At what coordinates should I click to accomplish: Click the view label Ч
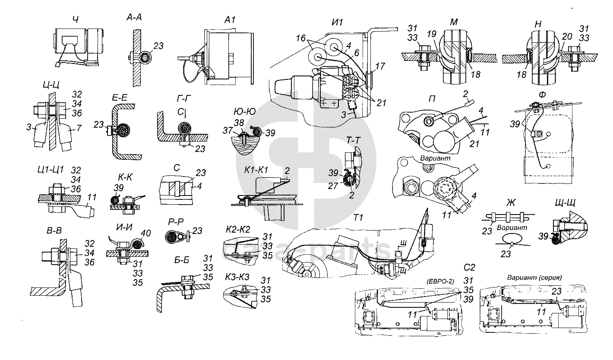coord(76,20)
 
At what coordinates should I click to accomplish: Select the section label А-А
coord(134,18)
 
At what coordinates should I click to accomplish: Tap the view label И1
coord(337,22)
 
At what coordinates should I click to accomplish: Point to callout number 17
coord(380,66)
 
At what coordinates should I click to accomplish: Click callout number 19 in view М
coord(431,34)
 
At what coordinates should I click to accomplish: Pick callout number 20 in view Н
coord(567,36)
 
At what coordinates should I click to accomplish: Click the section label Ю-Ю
coord(245,111)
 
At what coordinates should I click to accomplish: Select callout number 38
coord(239,123)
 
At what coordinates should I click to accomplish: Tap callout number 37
coord(228,130)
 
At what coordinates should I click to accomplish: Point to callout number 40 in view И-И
coord(145,234)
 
